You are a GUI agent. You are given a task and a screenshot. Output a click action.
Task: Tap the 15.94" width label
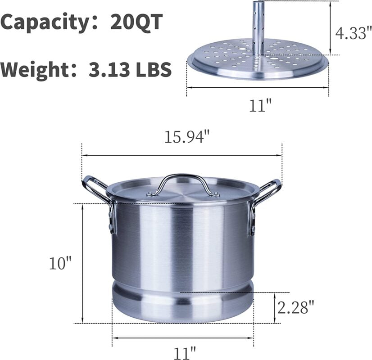tap(186, 137)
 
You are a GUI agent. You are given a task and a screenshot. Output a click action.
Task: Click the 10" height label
tap(60, 263)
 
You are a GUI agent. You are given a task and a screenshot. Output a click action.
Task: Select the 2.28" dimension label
tap(295, 308)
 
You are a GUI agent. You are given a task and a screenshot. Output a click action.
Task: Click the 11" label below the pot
tap(184, 351)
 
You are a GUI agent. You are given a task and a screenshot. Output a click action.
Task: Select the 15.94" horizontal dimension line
tap(135, 156)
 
